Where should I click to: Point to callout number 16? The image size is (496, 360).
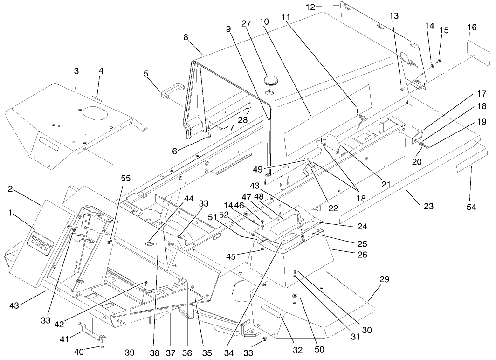(472, 28)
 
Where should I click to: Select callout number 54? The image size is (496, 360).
(471, 207)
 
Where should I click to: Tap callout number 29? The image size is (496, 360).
(384, 280)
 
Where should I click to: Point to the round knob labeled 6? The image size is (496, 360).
(209, 136)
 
